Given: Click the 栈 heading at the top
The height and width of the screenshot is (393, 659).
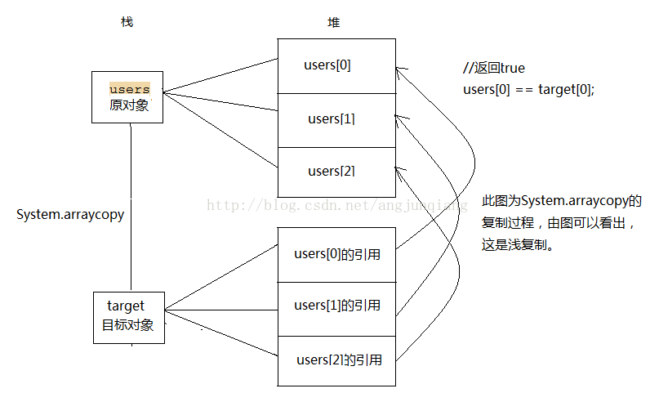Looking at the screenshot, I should pyautogui.click(x=126, y=22).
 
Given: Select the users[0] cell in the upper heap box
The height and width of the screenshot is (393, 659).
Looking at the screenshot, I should pyautogui.click(x=336, y=66).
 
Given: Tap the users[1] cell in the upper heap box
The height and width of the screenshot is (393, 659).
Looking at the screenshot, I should pyautogui.click(x=336, y=119).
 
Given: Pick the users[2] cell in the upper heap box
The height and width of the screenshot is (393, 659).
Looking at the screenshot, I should pyautogui.click(x=336, y=171).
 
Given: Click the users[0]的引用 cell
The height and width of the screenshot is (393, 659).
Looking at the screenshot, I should pyautogui.click(x=336, y=254).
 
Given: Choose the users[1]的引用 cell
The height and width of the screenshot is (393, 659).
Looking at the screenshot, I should pyautogui.click(x=336, y=306).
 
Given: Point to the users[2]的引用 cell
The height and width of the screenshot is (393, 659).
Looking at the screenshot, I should pyautogui.click(x=336, y=360).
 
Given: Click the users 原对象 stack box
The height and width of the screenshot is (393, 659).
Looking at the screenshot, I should pyautogui.click(x=128, y=96).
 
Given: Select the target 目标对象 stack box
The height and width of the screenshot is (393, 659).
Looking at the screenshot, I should pyautogui.click(x=128, y=317).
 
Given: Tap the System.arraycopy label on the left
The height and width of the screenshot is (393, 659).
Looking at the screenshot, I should pyautogui.click(x=70, y=215).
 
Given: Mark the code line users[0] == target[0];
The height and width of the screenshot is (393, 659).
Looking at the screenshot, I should pyautogui.click(x=529, y=89).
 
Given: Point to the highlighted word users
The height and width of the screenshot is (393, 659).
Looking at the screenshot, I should pyautogui.click(x=129, y=88).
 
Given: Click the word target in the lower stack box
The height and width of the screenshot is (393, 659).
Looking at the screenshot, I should pyautogui.click(x=126, y=306).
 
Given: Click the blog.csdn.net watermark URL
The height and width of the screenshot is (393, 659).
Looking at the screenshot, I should pyautogui.click(x=335, y=205).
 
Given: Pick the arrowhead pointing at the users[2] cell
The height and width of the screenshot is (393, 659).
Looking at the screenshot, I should pyautogui.click(x=399, y=169).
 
